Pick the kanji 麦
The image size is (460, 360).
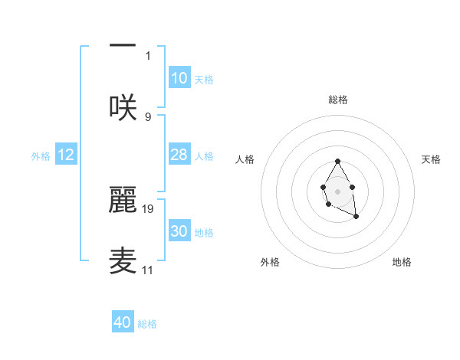coord(123,260)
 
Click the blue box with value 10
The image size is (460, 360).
coord(179,78)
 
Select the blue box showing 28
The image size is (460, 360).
coord(179,155)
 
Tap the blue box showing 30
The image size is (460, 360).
coord(179,231)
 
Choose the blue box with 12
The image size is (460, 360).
coord(66,155)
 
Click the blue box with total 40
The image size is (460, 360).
coord(123,322)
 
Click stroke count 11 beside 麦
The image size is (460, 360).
coord(148,270)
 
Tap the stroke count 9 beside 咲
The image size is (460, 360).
coord(148,116)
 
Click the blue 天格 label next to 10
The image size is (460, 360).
coord(204,80)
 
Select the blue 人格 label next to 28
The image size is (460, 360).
coord(204,156)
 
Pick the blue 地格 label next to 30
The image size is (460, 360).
coord(204,233)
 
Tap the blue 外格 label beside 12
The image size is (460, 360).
coord(41,156)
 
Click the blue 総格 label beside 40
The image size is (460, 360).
coord(147,324)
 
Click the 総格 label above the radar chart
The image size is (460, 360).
coord(338,100)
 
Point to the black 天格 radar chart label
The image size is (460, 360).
coord(432,159)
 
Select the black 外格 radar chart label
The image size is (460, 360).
coord(270,262)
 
